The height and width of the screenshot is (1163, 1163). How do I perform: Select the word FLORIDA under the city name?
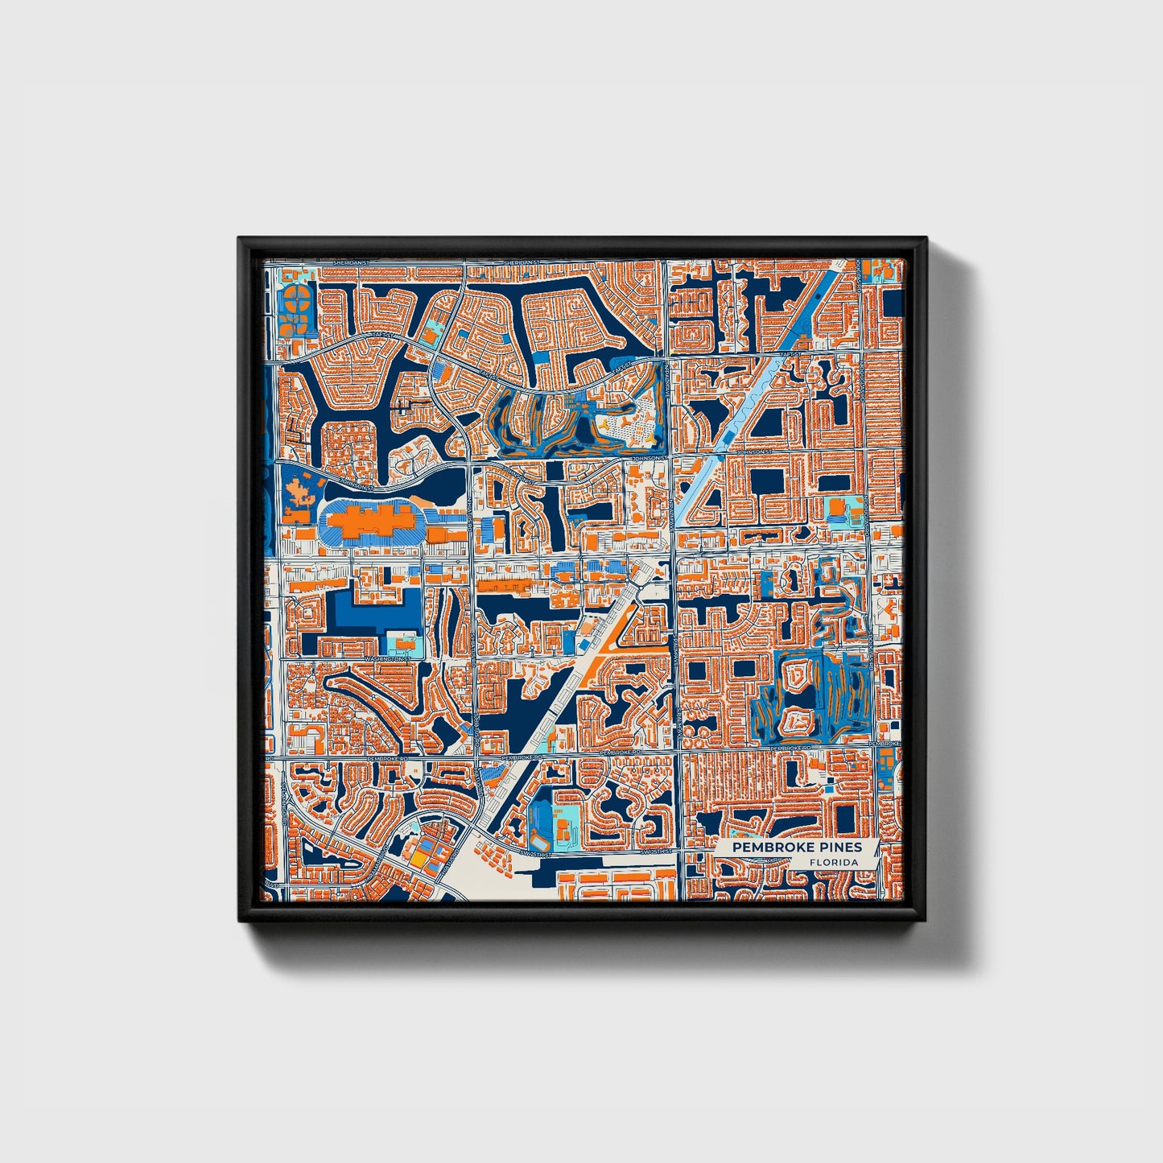click(833, 862)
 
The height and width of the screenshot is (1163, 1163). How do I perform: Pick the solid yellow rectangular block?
click(419, 858)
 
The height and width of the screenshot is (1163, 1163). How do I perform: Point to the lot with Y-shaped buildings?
click(624, 421)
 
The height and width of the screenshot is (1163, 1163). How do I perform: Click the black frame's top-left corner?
click(241, 240)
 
